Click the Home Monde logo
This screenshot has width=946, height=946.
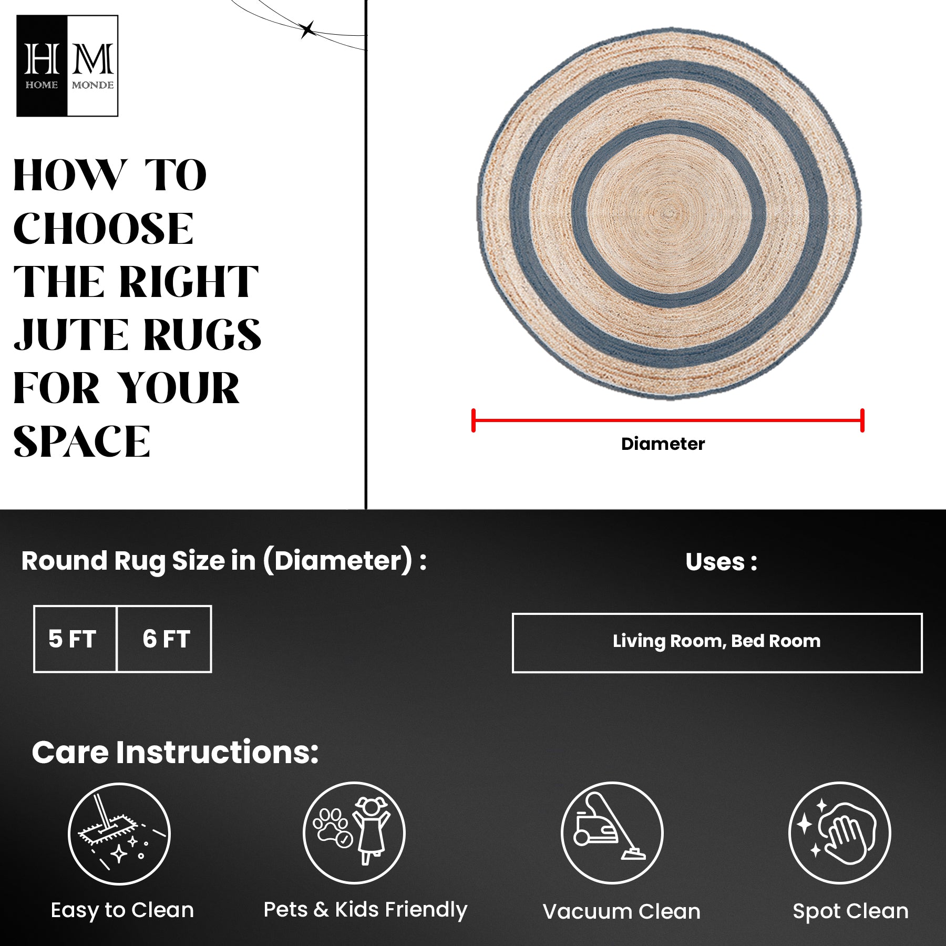(67, 66)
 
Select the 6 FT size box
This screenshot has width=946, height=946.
(164, 639)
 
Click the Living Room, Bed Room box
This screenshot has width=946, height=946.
(717, 643)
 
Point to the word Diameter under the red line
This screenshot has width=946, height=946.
(663, 444)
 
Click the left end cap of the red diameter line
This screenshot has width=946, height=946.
(474, 420)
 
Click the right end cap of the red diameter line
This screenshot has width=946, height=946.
(862, 420)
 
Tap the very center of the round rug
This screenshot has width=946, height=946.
(669, 213)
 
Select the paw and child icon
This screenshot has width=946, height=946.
(354, 833)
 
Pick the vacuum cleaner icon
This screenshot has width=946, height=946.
(612, 833)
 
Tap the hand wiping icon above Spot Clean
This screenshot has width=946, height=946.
(840, 833)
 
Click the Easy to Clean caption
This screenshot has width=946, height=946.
(122, 910)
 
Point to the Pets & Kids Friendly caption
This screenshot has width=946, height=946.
(365, 910)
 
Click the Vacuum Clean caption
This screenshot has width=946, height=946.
(622, 912)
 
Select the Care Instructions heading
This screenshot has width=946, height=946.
(175, 752)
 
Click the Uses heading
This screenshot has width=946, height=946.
(721, 562)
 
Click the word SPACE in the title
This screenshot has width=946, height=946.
(81, 441)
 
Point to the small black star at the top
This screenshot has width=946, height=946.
(307, 29)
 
